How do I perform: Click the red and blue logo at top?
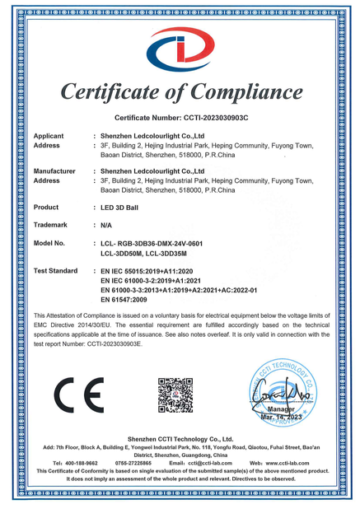pos(180,50)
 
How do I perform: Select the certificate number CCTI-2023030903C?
pos(212,118)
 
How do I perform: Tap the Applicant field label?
pos(49,134)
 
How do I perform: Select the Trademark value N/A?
pos(107,225)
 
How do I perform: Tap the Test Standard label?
pos(55,270)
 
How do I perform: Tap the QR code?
pos(175,395)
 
